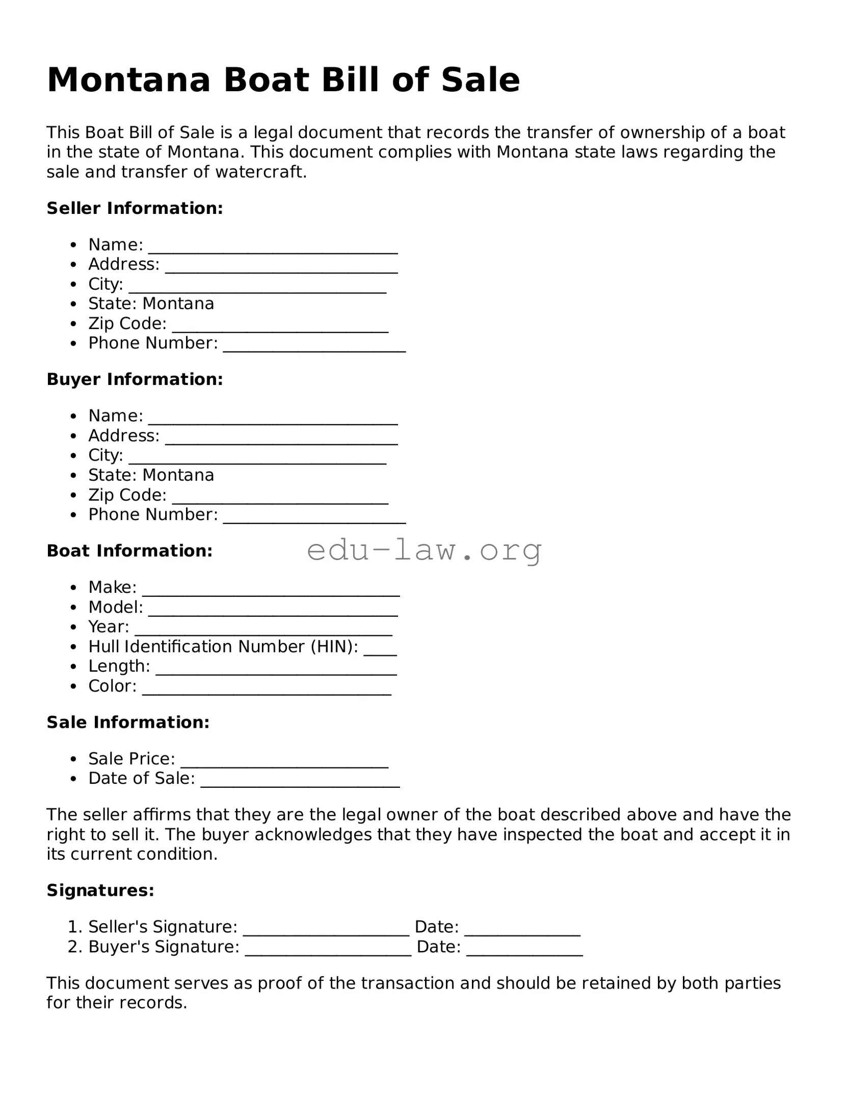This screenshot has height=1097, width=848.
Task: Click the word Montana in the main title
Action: tap(128, 80)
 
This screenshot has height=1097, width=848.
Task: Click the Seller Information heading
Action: tap(135, 208)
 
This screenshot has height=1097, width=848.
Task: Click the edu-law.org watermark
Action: tap(424, 551)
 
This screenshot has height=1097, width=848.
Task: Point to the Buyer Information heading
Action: tap(135, 379)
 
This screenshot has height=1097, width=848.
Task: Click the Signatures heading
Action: tap(100, 890)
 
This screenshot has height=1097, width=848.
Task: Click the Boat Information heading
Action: tap(129, 551)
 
